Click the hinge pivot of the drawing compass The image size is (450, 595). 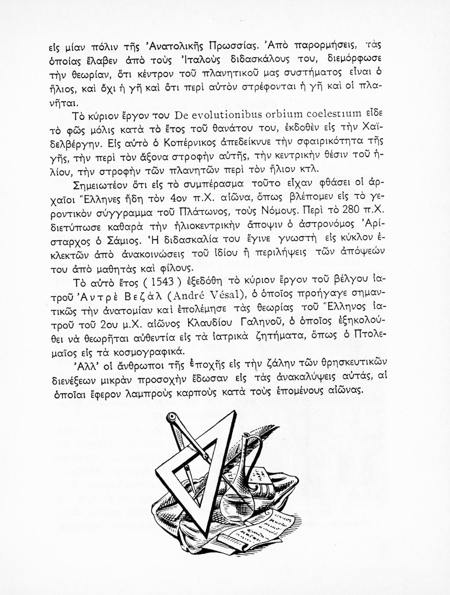click(172, 418)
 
